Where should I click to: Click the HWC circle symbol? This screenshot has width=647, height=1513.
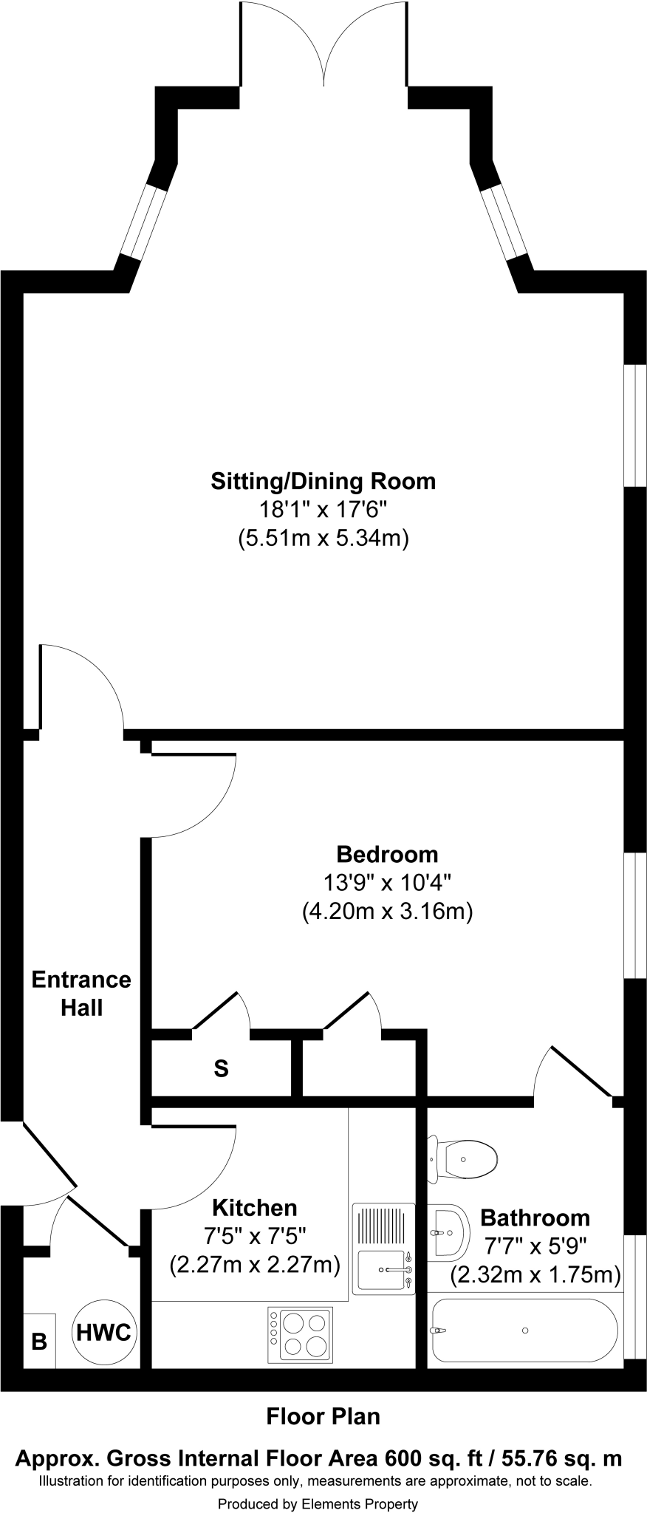104,1332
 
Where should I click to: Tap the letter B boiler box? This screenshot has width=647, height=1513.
39,1340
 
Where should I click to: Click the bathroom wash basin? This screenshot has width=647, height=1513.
448,1232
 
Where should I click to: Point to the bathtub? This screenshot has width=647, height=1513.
524,1330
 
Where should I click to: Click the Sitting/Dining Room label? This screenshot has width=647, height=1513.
323,482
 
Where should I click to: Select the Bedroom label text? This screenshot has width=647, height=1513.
387,854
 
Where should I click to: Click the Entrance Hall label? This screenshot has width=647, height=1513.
81,993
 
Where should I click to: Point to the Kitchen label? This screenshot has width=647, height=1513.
254,1207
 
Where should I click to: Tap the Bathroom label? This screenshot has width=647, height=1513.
535,1217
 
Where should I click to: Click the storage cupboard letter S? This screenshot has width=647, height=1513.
221,1068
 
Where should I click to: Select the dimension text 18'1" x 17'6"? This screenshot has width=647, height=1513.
323,510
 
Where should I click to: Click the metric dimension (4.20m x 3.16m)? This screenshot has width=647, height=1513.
387,911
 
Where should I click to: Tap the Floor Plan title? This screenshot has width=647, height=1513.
323,1416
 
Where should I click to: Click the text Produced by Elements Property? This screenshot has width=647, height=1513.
318,1503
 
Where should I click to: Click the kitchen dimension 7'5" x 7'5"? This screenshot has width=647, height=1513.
255,1235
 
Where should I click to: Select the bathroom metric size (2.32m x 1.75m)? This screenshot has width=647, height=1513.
535,1274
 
